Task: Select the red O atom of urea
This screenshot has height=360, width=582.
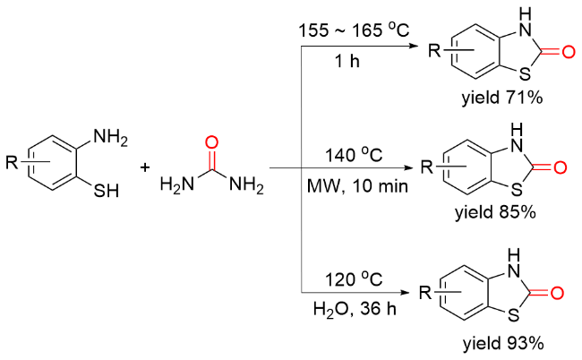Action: point(211,140)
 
